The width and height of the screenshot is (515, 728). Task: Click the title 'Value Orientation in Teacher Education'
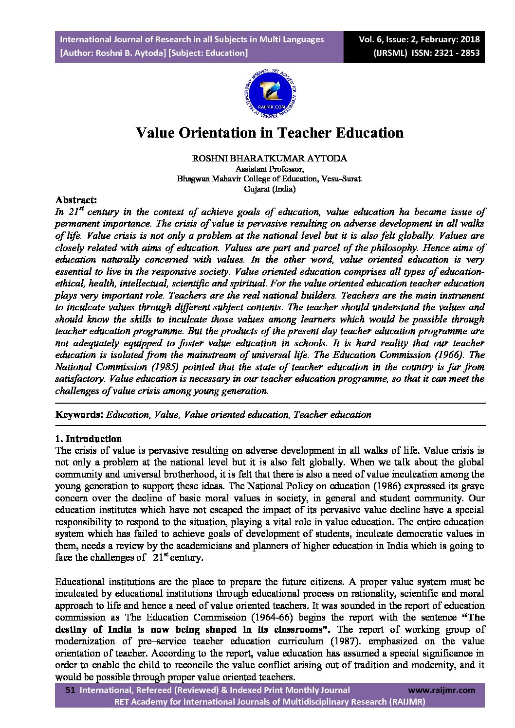point(269,133)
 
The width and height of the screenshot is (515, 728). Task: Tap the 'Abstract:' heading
point(76,200)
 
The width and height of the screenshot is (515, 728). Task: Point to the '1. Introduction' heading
point(89,439)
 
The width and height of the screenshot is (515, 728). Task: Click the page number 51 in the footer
point(70,690)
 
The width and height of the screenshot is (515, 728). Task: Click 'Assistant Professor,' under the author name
point(270,169)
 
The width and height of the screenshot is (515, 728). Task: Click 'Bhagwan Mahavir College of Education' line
point(270,179)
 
